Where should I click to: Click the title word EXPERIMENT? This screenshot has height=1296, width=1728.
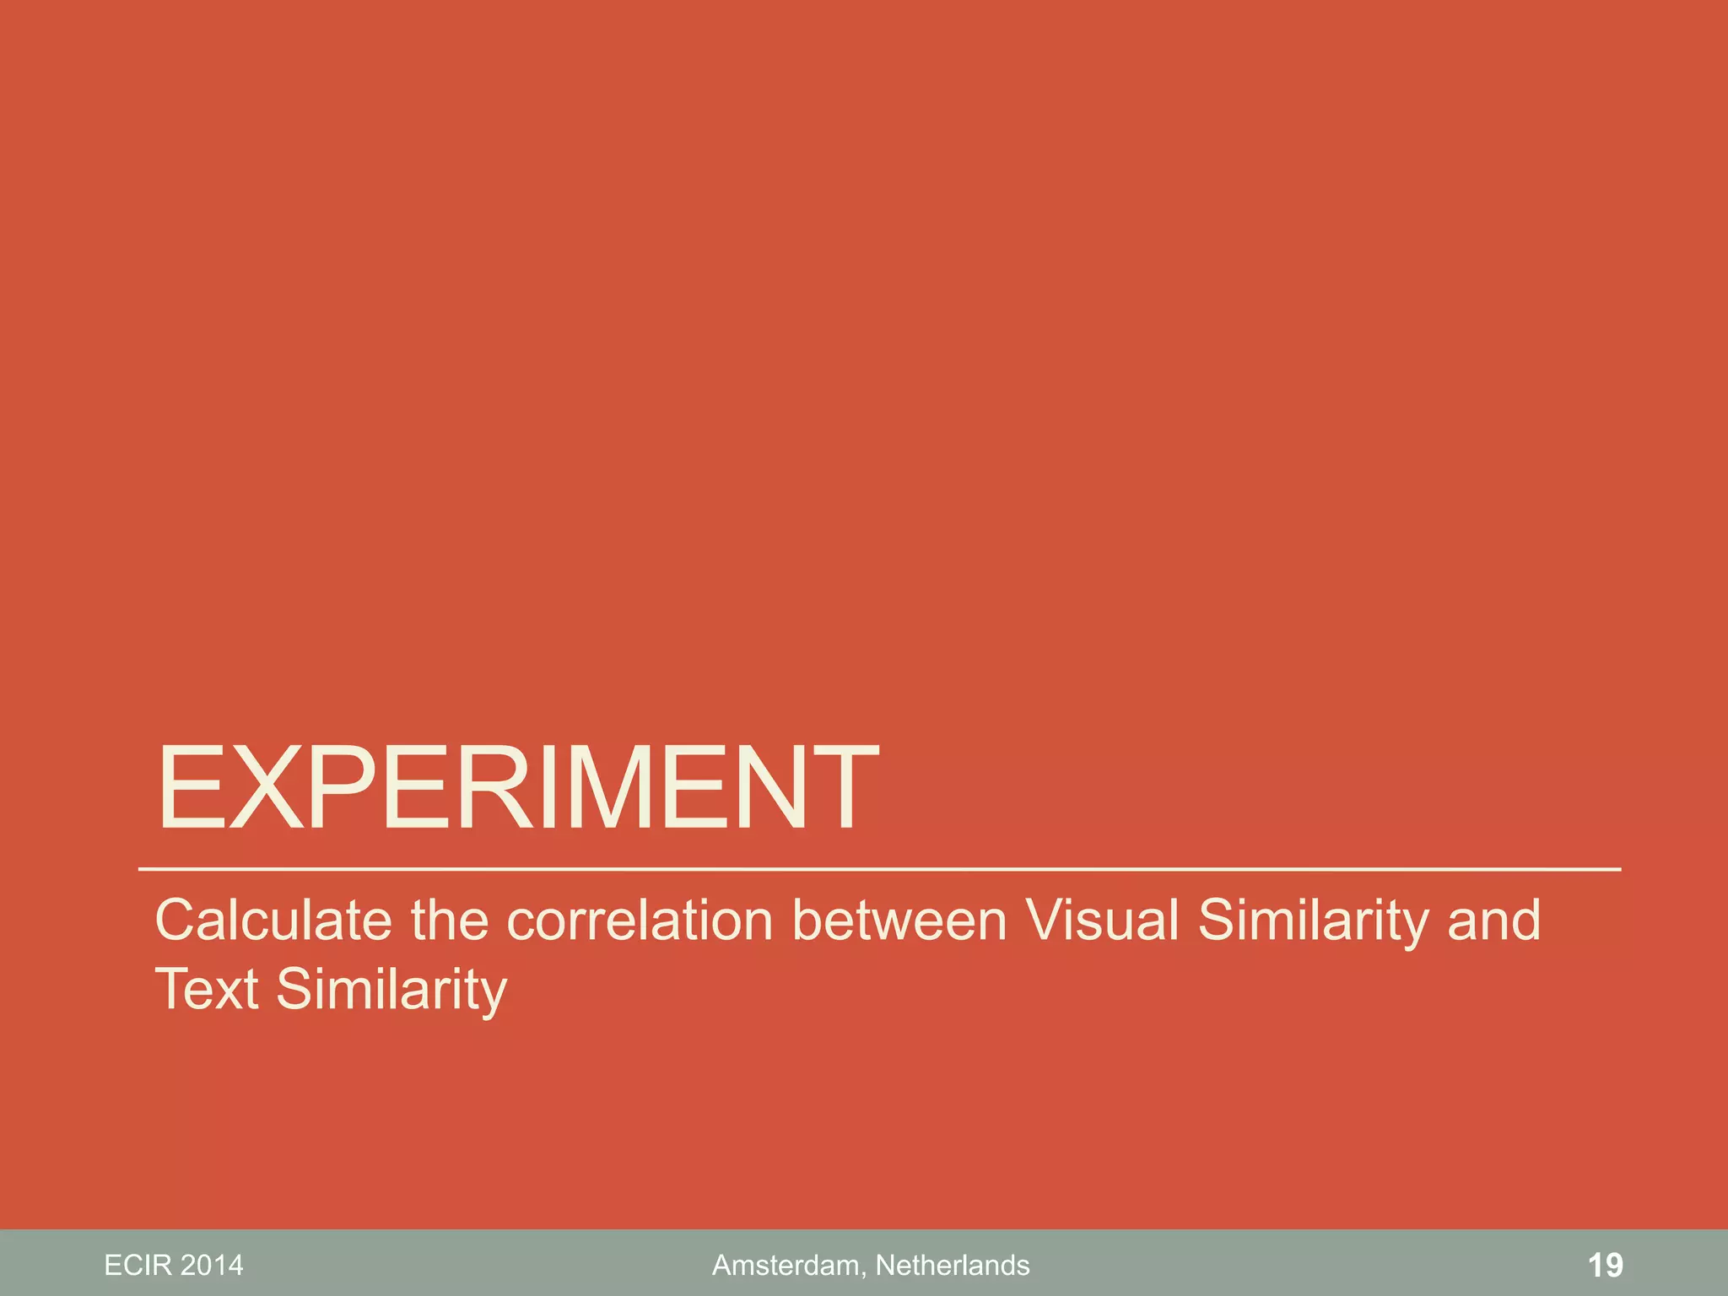point(517,788)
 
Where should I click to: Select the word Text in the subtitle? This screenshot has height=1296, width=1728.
point(206,989)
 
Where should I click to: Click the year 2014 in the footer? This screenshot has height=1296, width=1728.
point(212,1266)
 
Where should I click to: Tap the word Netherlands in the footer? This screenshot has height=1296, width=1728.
point(953,1266)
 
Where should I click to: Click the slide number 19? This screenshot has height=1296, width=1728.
point(1605,1266)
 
